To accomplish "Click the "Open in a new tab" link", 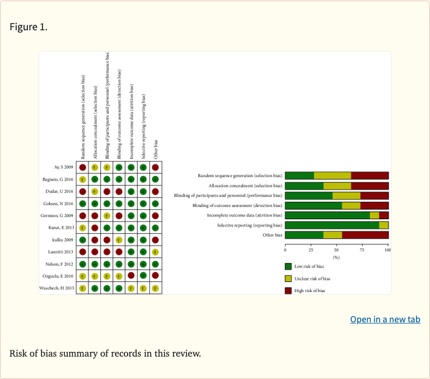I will pyautogui.click(x=385, y=320).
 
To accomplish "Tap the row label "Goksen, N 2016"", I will pyautogui.click(x=59, y=204).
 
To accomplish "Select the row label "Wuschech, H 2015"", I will pyautogui.click(x=57, y=288).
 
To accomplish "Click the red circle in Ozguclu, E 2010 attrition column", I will pyautogui.click(x=131, y=276).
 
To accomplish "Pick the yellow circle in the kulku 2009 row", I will pyautogui.click(x=119, y=239).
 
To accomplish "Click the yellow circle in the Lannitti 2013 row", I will pyautogui.click(x=155, y=252).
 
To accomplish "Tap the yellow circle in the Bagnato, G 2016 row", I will pyautogui.click(x=82, y=179).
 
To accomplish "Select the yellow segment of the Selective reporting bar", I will pyautogui.click(x=384, y=225).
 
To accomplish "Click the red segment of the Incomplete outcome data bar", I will pyautogui.click(x=384, y=215).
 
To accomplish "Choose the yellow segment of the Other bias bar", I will pyautogui.click(x=333, y=235).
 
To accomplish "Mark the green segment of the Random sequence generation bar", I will pyautogui.click(x=300, y=176).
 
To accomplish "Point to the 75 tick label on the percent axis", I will pyautogui.click(x=362, y=249).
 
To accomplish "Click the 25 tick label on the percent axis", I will pyautogui.click(x=311, y=249).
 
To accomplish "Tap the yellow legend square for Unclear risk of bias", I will pyautogui.click(x=288, y=278).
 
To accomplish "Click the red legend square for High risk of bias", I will pyautogui.click(x=288, y=290).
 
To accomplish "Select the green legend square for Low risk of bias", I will pyautogui.click(x=288, y=266).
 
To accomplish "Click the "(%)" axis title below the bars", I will pyautogui.click(x=336, y=257).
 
